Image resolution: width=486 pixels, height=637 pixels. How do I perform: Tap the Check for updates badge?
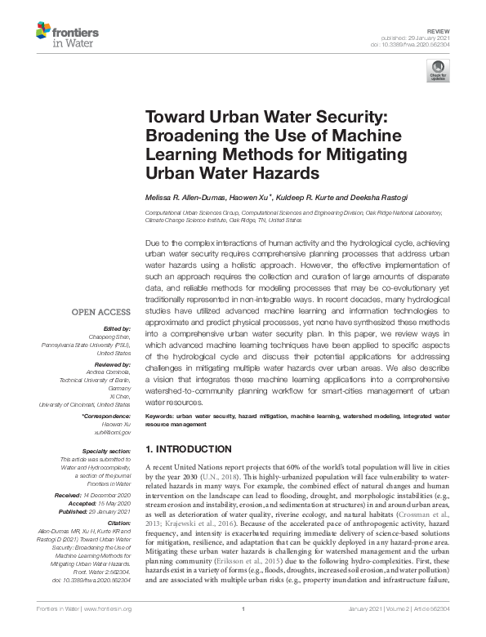click(438, 70)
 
